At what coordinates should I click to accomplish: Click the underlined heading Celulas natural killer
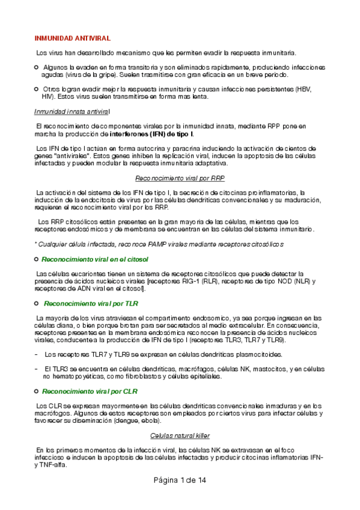coord(180,435)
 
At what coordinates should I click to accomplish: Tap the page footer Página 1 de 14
coord(180,481)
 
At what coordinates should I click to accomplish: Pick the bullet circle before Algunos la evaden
coord(37,67)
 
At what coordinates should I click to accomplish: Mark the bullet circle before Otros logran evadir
coord(37,89)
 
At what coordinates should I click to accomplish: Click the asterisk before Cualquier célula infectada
coord(35,244)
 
